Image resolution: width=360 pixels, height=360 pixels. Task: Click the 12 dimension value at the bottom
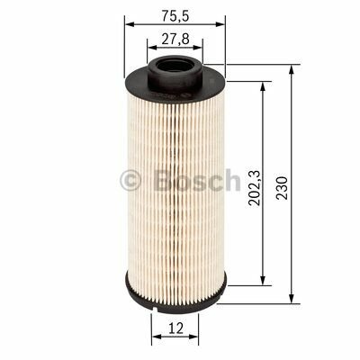pyautogui.click(x=172, y=328)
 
